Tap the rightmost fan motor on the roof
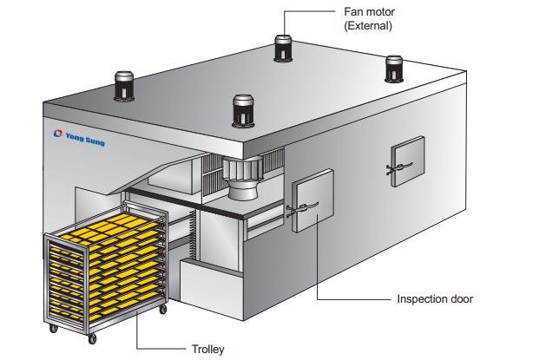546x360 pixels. click(395, 69)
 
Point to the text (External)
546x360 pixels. click(369, 26)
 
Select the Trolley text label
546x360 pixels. click(208, 350)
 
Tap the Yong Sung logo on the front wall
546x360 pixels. click(79, 137)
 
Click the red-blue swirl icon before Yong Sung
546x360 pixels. click(57, 134)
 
